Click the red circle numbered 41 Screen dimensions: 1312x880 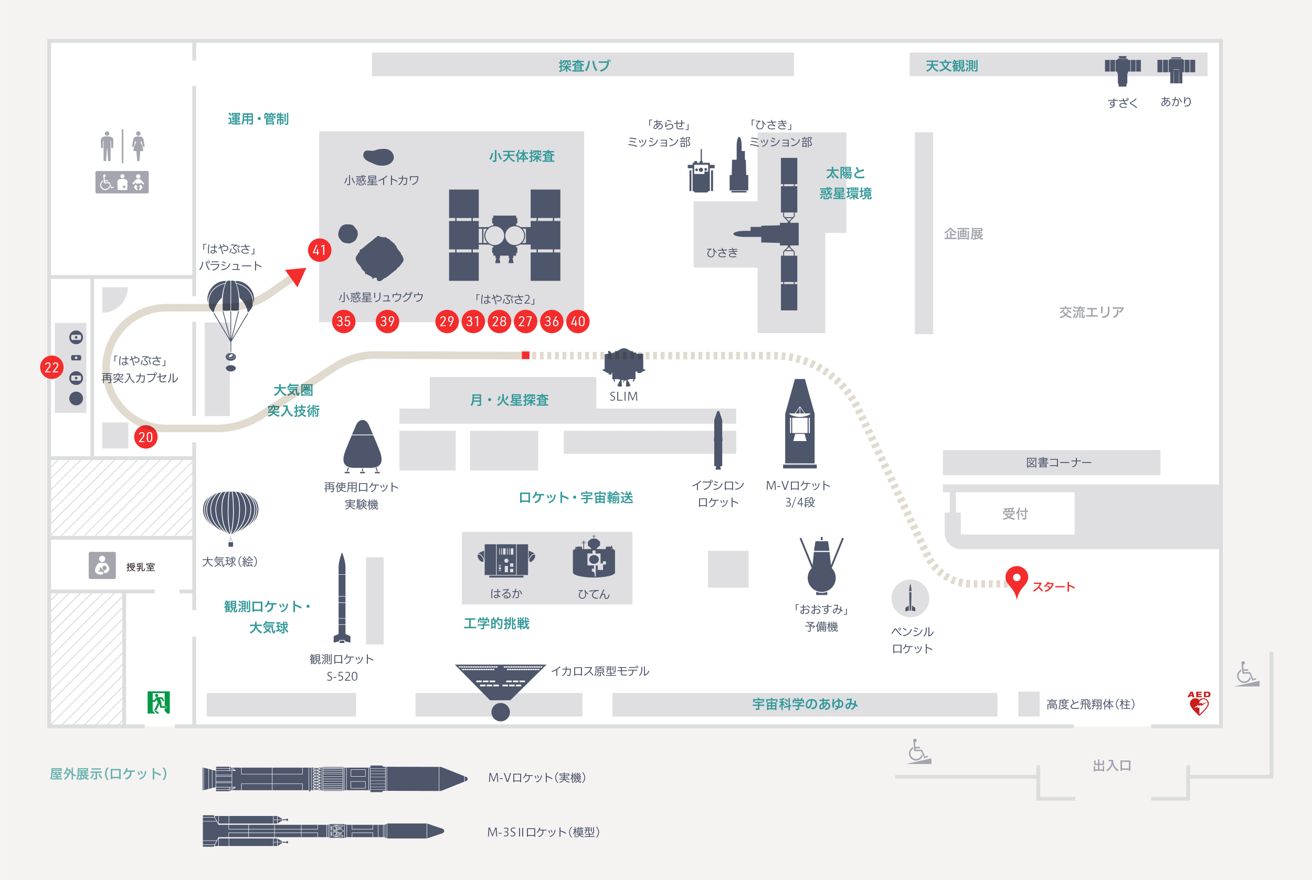pos(320,250)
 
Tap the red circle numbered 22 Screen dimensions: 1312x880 pos(51,368)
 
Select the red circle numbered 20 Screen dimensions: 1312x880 pos(145,437)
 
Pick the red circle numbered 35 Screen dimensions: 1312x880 pos(344,321)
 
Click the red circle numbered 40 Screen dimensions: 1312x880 pos(578,321)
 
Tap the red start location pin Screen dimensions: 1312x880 pos(1017,581)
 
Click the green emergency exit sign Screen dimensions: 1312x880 pos(159,703)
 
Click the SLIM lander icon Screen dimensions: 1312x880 pos(623,367)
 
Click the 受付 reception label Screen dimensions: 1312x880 pos(1015,513)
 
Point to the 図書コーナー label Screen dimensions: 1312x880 pos(1059,463)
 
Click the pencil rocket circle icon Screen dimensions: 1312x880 pos(910,598)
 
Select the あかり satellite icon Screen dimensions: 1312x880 pos(1176,69)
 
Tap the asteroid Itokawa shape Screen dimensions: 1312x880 pos(378,157)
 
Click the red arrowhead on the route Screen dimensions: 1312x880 pos(296,277)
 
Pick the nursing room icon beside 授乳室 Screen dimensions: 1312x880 pos(102,565)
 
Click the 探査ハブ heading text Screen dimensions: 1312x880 pos(584,66)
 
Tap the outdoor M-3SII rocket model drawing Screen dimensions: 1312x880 pos(323,831)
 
